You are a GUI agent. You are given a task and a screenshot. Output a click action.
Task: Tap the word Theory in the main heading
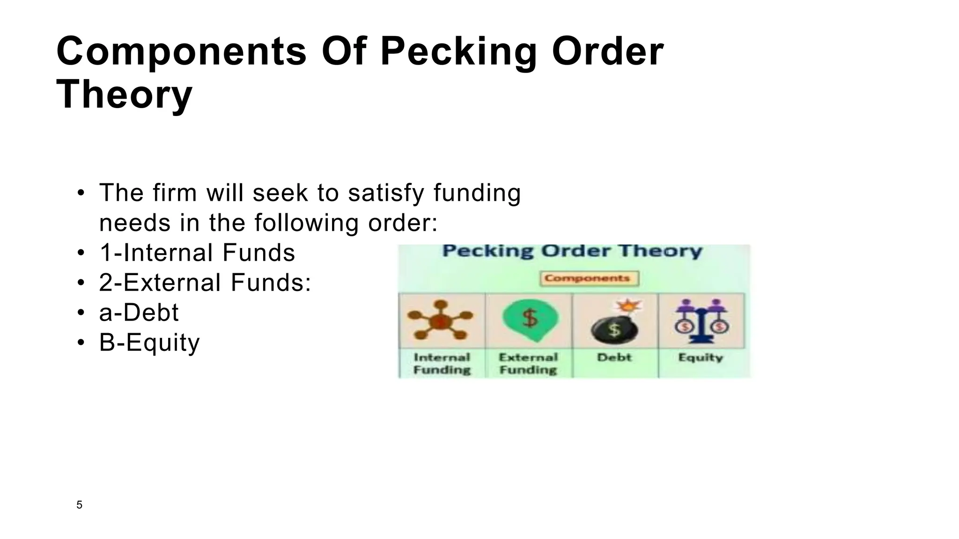124,94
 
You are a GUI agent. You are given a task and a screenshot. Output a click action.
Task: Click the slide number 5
79,505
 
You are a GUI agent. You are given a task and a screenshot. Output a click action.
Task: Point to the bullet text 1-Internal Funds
197,253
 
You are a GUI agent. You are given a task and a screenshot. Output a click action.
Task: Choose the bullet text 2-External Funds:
205,283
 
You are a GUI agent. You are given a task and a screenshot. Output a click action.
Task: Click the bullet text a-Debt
139,313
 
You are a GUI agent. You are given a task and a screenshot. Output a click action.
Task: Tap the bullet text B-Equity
149,342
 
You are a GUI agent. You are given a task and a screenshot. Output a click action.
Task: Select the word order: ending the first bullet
403,223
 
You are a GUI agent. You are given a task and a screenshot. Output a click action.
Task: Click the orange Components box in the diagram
589,278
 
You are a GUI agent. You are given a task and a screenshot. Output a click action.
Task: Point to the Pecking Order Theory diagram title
572,251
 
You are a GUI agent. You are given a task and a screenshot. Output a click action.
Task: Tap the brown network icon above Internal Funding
440,320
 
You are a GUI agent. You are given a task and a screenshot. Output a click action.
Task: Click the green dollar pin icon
530,319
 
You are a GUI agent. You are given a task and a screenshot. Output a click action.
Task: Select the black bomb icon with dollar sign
614,327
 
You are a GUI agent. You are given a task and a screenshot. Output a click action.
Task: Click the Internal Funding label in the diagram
442,364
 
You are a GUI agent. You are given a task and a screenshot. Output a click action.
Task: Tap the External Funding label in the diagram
528,364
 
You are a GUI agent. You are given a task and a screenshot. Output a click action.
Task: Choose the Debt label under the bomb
614,358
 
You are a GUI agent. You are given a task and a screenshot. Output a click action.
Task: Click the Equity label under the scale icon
701,358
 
